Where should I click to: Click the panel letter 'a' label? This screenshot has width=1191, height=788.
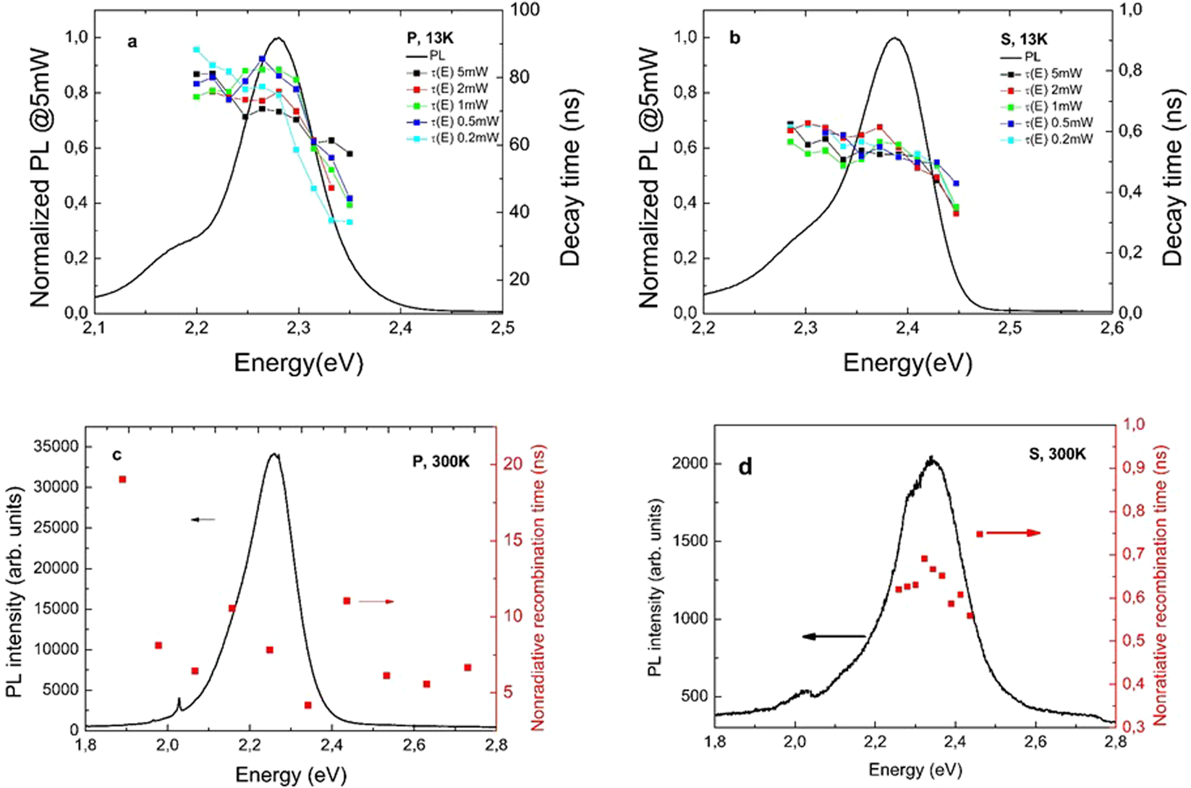[132, 42]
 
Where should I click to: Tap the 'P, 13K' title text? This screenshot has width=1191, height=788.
[430, 38]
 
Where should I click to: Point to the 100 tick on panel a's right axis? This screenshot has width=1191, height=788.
[526, 9]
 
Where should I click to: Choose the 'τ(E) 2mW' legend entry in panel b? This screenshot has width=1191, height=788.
[1053, 90]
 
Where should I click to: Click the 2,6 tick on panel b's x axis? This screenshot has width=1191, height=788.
[1111, 329]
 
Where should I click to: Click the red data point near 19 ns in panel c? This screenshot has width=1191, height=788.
[122, 479]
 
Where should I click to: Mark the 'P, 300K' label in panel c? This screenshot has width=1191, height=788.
[441, 461]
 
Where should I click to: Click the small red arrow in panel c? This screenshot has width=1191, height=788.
[377, 601]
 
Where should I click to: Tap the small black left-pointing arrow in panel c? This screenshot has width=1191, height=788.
[203, 519]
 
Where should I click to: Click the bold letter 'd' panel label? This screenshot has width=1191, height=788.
[745, 467]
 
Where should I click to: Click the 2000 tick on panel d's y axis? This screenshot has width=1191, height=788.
[687, 463]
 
